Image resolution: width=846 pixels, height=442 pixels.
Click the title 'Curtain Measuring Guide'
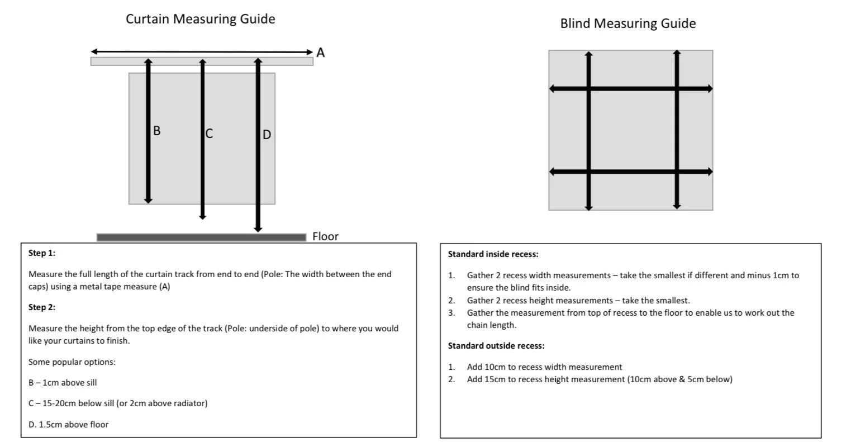[200, 19]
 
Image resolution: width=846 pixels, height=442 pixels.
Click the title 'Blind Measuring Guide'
[628, 23]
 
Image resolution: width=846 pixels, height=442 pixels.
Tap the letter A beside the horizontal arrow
[320, 53]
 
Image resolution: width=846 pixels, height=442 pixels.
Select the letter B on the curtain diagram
[156, 131]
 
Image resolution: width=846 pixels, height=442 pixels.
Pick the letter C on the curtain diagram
[209, 134]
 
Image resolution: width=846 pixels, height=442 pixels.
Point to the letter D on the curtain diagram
[267, 135]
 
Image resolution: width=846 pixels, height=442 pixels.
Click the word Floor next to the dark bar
[325, 236]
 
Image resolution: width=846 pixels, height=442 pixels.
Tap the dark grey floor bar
[201, 237]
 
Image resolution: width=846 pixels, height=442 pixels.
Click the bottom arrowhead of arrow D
[258, 228]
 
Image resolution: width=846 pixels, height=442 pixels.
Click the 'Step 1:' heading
[42, 253]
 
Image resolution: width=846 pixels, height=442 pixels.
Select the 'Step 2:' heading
[42, 307]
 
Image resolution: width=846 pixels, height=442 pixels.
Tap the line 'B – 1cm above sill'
[63, 383]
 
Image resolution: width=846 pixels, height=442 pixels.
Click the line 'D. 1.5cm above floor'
[68, 425]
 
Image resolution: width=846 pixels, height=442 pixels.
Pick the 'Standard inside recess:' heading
[493, 254]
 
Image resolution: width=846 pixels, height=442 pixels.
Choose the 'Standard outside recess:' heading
[496, 346]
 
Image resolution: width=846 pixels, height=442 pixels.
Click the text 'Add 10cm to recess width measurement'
[544, 367]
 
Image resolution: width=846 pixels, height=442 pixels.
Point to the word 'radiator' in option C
[188, 403]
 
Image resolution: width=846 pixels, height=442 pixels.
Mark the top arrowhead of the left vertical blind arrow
[588, 55]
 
